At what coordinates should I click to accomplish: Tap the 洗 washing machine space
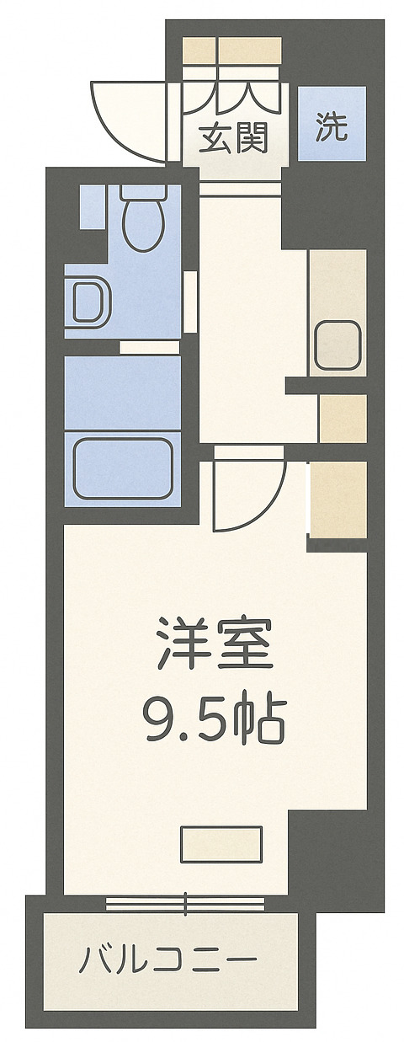331,126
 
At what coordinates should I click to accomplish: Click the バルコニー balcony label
168,959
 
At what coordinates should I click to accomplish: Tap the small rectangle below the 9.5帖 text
221,844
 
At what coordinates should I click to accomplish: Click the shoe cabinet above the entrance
232,51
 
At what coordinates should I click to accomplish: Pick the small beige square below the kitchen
343,418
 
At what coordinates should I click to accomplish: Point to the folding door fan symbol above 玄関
232,95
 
